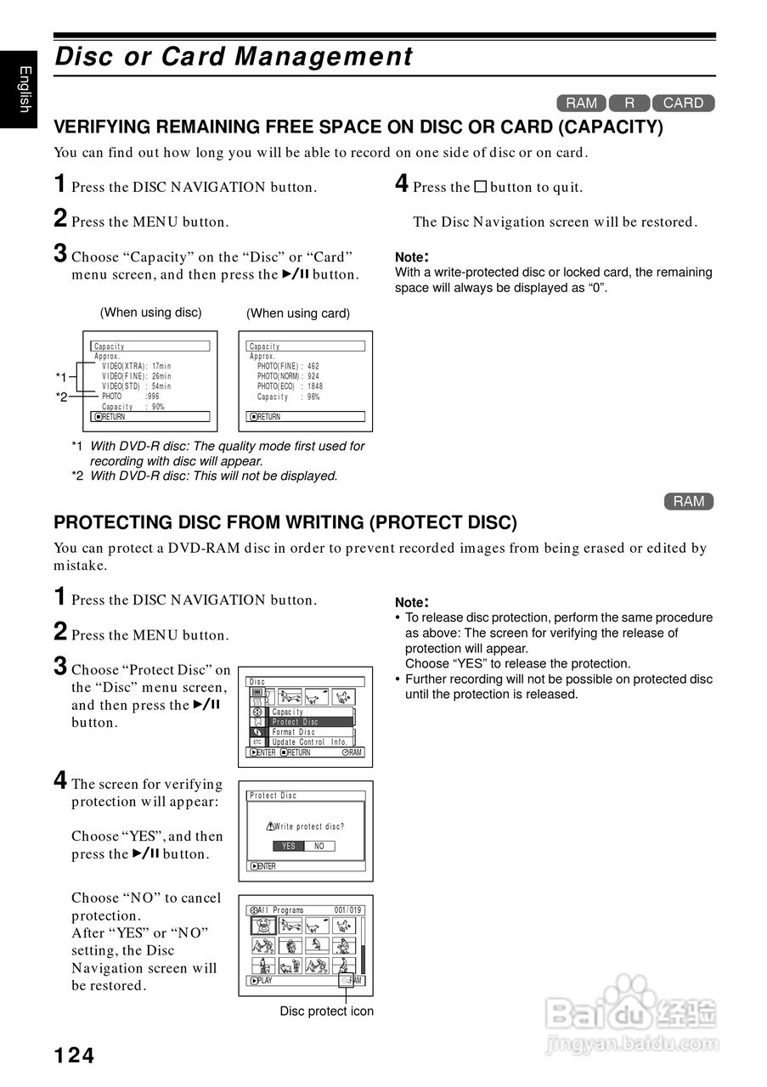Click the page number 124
(75, 1056)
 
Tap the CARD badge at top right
(683, 103)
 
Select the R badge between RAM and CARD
(629, 103)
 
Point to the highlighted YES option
(289, 846)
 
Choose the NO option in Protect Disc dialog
(319, 846)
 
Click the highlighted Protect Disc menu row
(310, 722)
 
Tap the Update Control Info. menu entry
(309, 742)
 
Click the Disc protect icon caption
(327, 1011)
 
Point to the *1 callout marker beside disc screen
(61, 376)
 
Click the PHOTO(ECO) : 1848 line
(290, 386)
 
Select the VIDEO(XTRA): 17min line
(136, 366)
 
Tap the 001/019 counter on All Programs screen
(347, 910)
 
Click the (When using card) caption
(298, 313)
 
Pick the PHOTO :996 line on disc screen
(130, 396)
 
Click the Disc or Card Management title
(234, 57)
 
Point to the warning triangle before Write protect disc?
(270, 826)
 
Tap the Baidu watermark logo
(632, 1011)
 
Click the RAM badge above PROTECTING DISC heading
(689, 501)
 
